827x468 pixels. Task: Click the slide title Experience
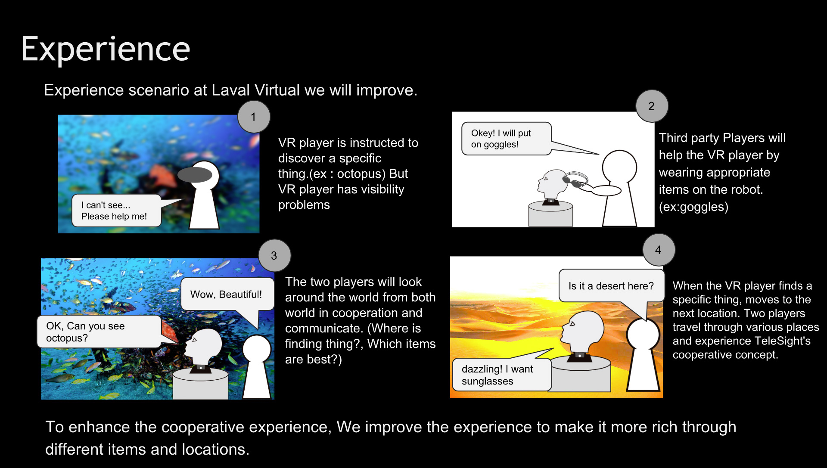click(106, 50)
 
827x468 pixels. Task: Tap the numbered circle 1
click(254, 117)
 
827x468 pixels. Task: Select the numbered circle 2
click(652, 106)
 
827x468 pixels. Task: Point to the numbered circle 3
click(274, 255)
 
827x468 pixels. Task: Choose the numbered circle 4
click(659, 250)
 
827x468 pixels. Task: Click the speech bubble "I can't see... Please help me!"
click(116, 211)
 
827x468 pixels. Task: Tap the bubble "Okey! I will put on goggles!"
click(506, 139)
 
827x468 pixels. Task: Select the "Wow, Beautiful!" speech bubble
click(227, 294)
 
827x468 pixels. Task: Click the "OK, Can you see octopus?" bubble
click(99, 332)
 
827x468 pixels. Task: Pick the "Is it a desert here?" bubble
click(611, 286)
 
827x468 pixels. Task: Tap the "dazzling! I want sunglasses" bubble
click(502, 375)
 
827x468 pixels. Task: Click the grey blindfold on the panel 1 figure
click(195, 175)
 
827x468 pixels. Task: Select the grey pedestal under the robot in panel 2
click(550, 214)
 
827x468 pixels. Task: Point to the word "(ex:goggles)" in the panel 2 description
click(693, 207)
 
